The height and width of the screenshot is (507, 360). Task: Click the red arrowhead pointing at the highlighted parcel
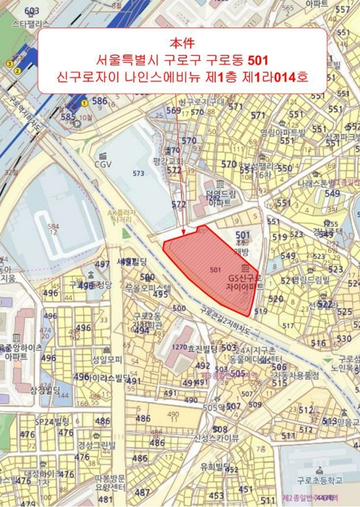(184, 232)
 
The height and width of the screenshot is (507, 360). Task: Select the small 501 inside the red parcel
(214, 269)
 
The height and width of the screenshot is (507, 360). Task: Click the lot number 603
(31, 12)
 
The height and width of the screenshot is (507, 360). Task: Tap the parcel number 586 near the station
(99, 101)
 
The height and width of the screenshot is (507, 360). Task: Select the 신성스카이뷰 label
(216, 437)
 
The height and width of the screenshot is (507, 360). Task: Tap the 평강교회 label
(170, 160)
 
